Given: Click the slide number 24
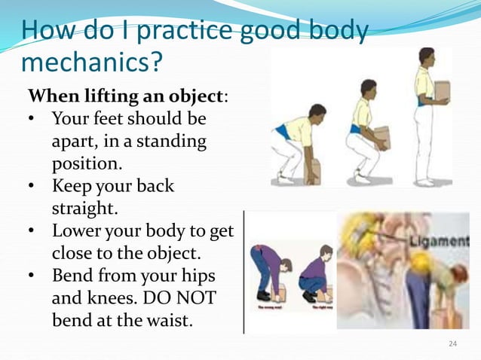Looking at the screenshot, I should [x=452, y=344].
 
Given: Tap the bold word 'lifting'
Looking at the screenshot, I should [x=101, y=98].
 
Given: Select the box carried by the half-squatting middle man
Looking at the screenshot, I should [x=381, y=139].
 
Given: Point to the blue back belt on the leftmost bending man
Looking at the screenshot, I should [x=283, y=132].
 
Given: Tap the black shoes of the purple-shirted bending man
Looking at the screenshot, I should [x=264, y=295].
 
